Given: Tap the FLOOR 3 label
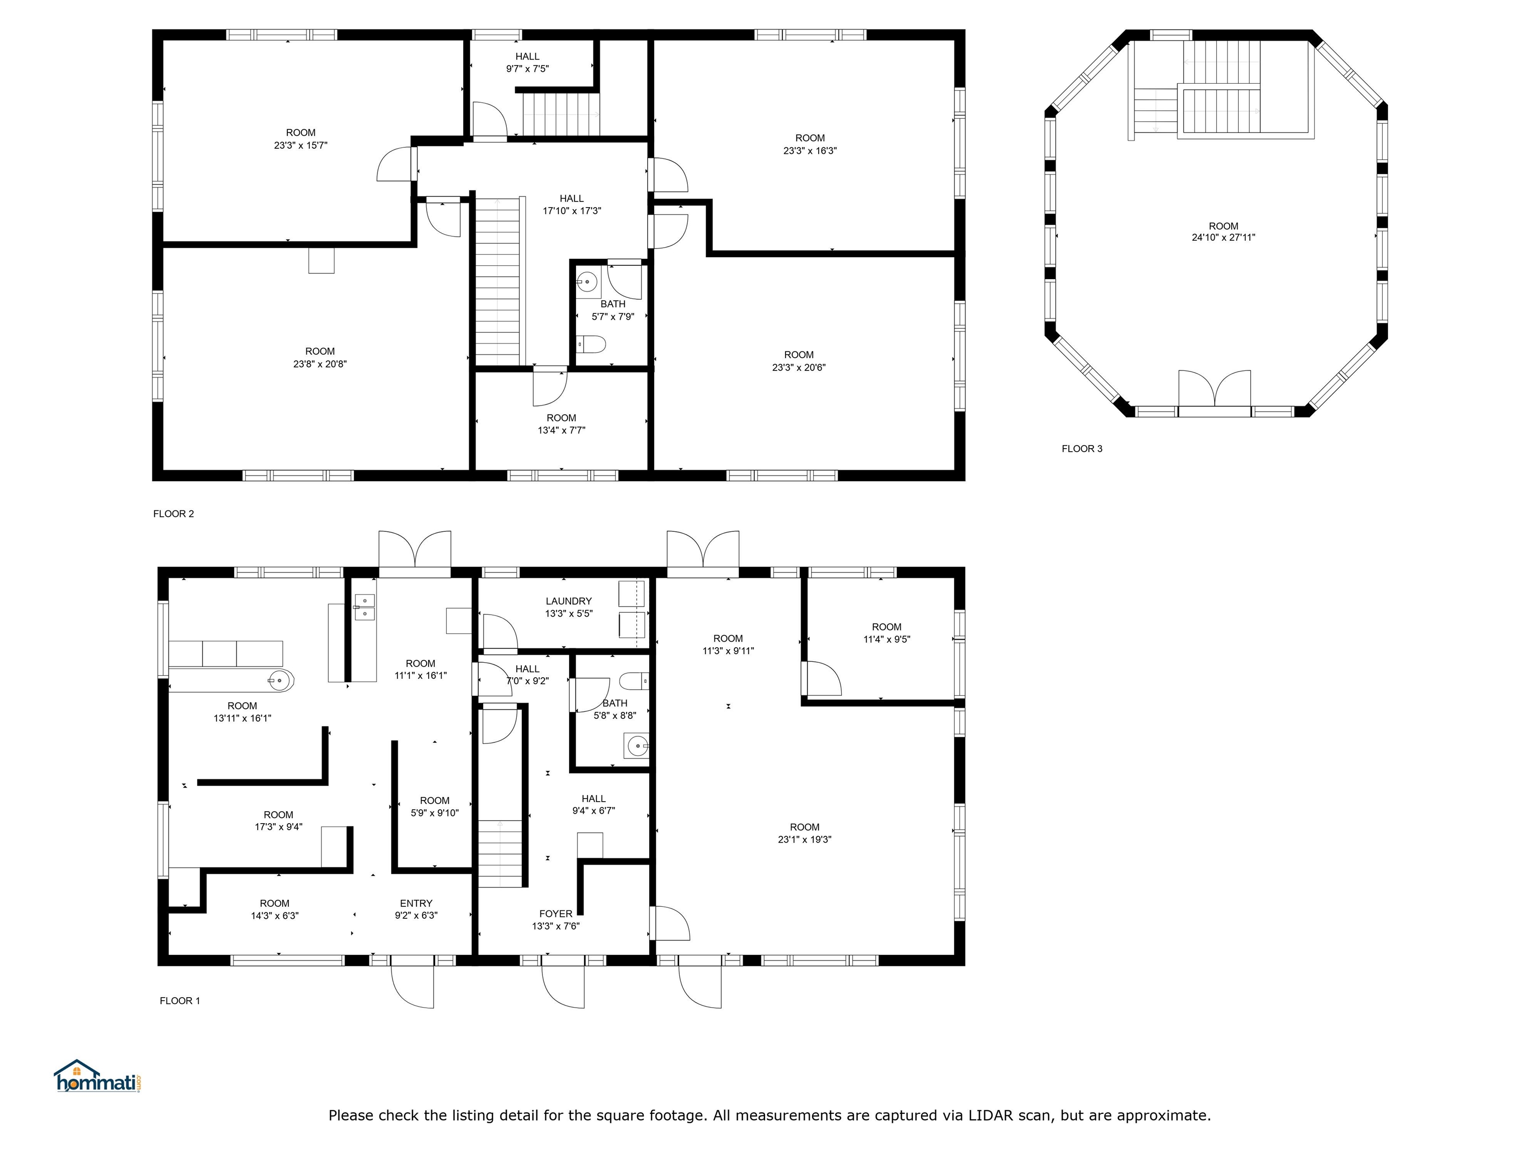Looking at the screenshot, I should [x=1081, y=448].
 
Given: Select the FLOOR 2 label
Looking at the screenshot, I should [x=173, y=514].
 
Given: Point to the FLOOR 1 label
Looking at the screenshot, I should [x=179, y=1001].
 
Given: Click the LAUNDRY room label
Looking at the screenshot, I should [x=568, y=601].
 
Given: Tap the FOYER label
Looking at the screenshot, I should [x=555, y=913].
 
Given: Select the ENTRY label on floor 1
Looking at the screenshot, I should [x=416, y=903].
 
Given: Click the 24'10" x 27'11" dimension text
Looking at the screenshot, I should [x=1223, y=238].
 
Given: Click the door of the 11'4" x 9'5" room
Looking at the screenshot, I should [x=822, y=679].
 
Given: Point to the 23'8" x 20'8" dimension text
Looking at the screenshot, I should [x=319, y=363].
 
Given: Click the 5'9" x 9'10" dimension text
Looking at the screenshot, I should [x=435, y=813].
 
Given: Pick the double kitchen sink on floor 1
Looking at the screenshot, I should [x=364, y=607].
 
